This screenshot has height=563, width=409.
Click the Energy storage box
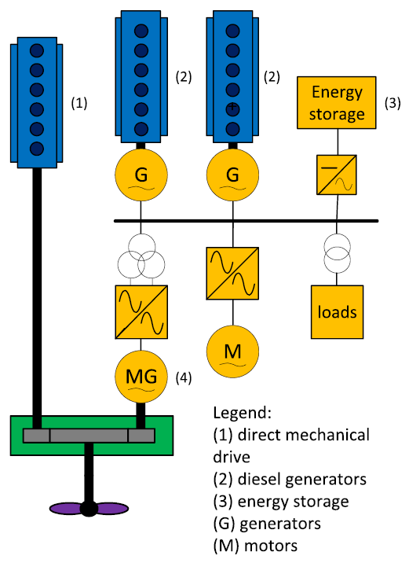click(x=337, y=103)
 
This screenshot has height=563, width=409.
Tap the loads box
click(x=337, y=312)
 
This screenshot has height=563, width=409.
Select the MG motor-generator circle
click(x=141, y=377)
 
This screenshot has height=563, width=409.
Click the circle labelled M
click(x=232, y=351)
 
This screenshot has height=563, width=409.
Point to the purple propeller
click(x=89, y=509)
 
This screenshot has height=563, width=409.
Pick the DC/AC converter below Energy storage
click(x=337, y=175)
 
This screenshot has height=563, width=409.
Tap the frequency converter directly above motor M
click(x=232, y=273)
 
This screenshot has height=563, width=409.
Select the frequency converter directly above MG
click(x=141, y=312)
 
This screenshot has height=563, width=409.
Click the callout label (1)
click(x=79, y=104)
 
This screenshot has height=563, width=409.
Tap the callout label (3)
click(x=393, y=104)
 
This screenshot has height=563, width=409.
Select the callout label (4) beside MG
click(x=184, y=377)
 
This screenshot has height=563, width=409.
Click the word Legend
click(x=243, y=413)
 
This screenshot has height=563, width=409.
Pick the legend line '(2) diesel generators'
click(x=290, y=480)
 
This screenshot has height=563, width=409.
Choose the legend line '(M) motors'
click(x=255, y=546)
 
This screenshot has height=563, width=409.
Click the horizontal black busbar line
click(x=246, y=221)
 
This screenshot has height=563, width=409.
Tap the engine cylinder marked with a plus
click(x=232, y=109)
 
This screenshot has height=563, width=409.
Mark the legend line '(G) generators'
click(x=267, y=524)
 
